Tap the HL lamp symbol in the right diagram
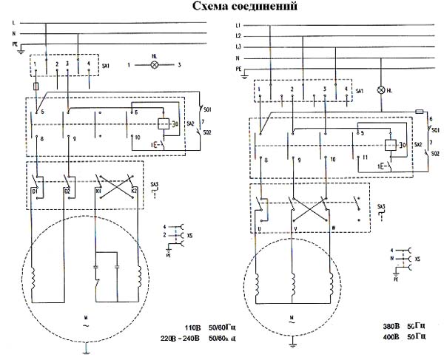(382, 90)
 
